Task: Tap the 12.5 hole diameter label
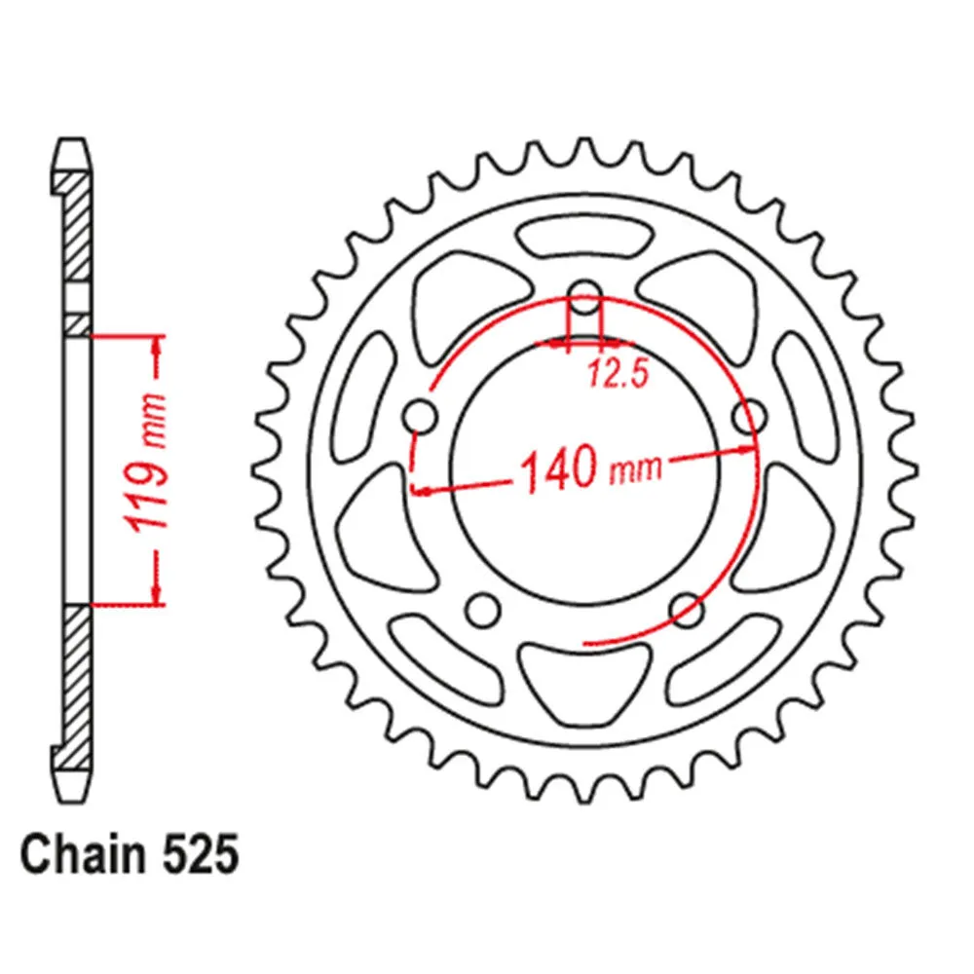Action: (618, 374)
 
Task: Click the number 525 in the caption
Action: (200, 855)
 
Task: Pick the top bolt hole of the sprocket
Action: (584, 297)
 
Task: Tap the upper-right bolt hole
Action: (750, 416)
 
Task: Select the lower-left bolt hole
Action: (483, 610)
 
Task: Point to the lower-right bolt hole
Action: (687, 610)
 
